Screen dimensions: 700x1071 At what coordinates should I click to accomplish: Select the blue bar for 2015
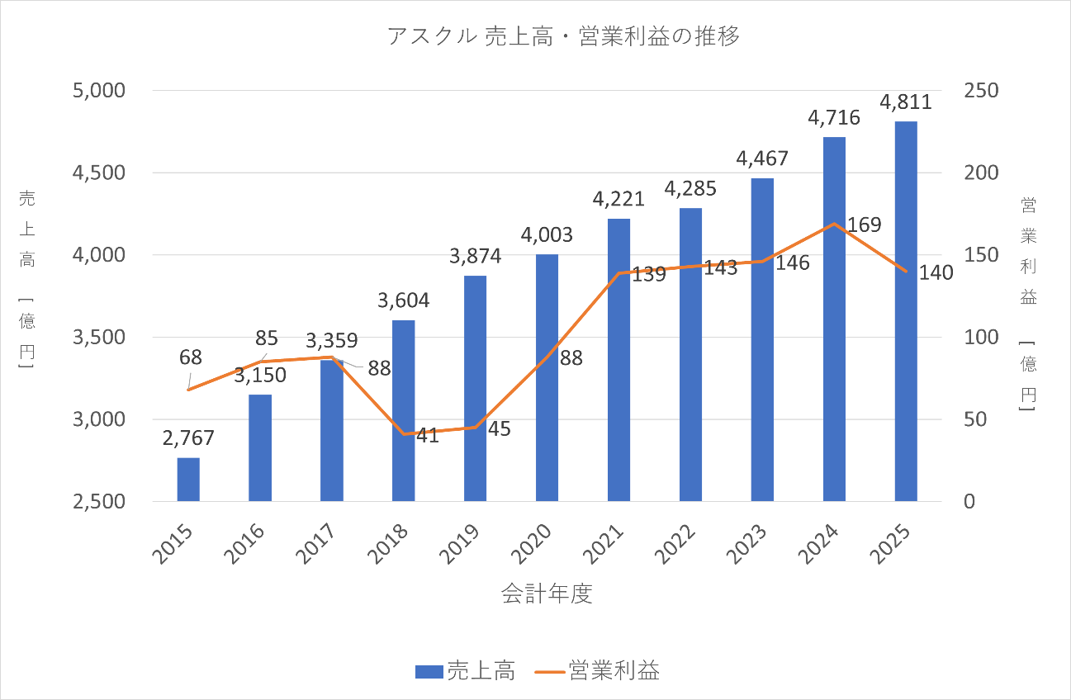point(188,480)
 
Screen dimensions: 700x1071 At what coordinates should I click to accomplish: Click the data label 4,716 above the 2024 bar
point(833,117)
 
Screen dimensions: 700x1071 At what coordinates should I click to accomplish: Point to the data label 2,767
point(188,438)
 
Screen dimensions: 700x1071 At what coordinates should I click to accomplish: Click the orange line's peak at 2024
point(835,224)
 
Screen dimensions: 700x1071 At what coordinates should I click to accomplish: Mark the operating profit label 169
point(865,225)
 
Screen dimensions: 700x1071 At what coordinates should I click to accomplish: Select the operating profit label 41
point(427,436)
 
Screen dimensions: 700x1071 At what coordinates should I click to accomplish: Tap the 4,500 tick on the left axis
point(101,173)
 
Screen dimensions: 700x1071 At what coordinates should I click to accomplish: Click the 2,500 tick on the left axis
point(101,502)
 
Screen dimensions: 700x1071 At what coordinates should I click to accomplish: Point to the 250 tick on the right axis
point(982,90)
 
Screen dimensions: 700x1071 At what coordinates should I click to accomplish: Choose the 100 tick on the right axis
point(982,338)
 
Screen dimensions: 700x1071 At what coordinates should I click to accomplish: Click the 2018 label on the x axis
point(391,546)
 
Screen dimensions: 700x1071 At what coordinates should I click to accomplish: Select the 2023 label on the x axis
point(750,546)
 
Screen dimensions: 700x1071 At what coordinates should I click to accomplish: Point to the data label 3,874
point(475,256)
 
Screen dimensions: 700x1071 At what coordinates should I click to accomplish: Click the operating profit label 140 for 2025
point(936,272)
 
